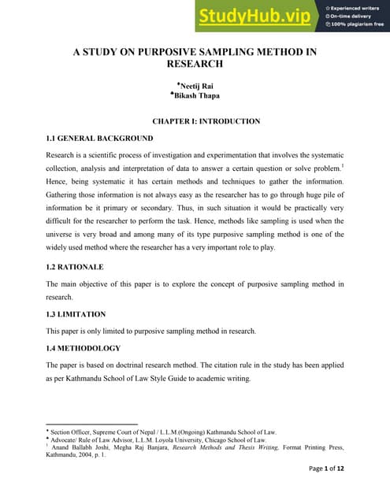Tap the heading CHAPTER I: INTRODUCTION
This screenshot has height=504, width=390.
(x=195, y=121)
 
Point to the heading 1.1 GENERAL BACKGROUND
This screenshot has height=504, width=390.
(x=100, y=139)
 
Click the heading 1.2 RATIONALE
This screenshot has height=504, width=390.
(x=75, y=267)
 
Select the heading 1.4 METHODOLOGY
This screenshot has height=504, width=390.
(x=84, y=348)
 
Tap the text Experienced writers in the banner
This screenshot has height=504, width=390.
(x=355, y=7)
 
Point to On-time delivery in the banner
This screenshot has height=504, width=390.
(x=352, y=16)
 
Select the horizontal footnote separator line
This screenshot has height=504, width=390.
(x=92, y=424)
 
